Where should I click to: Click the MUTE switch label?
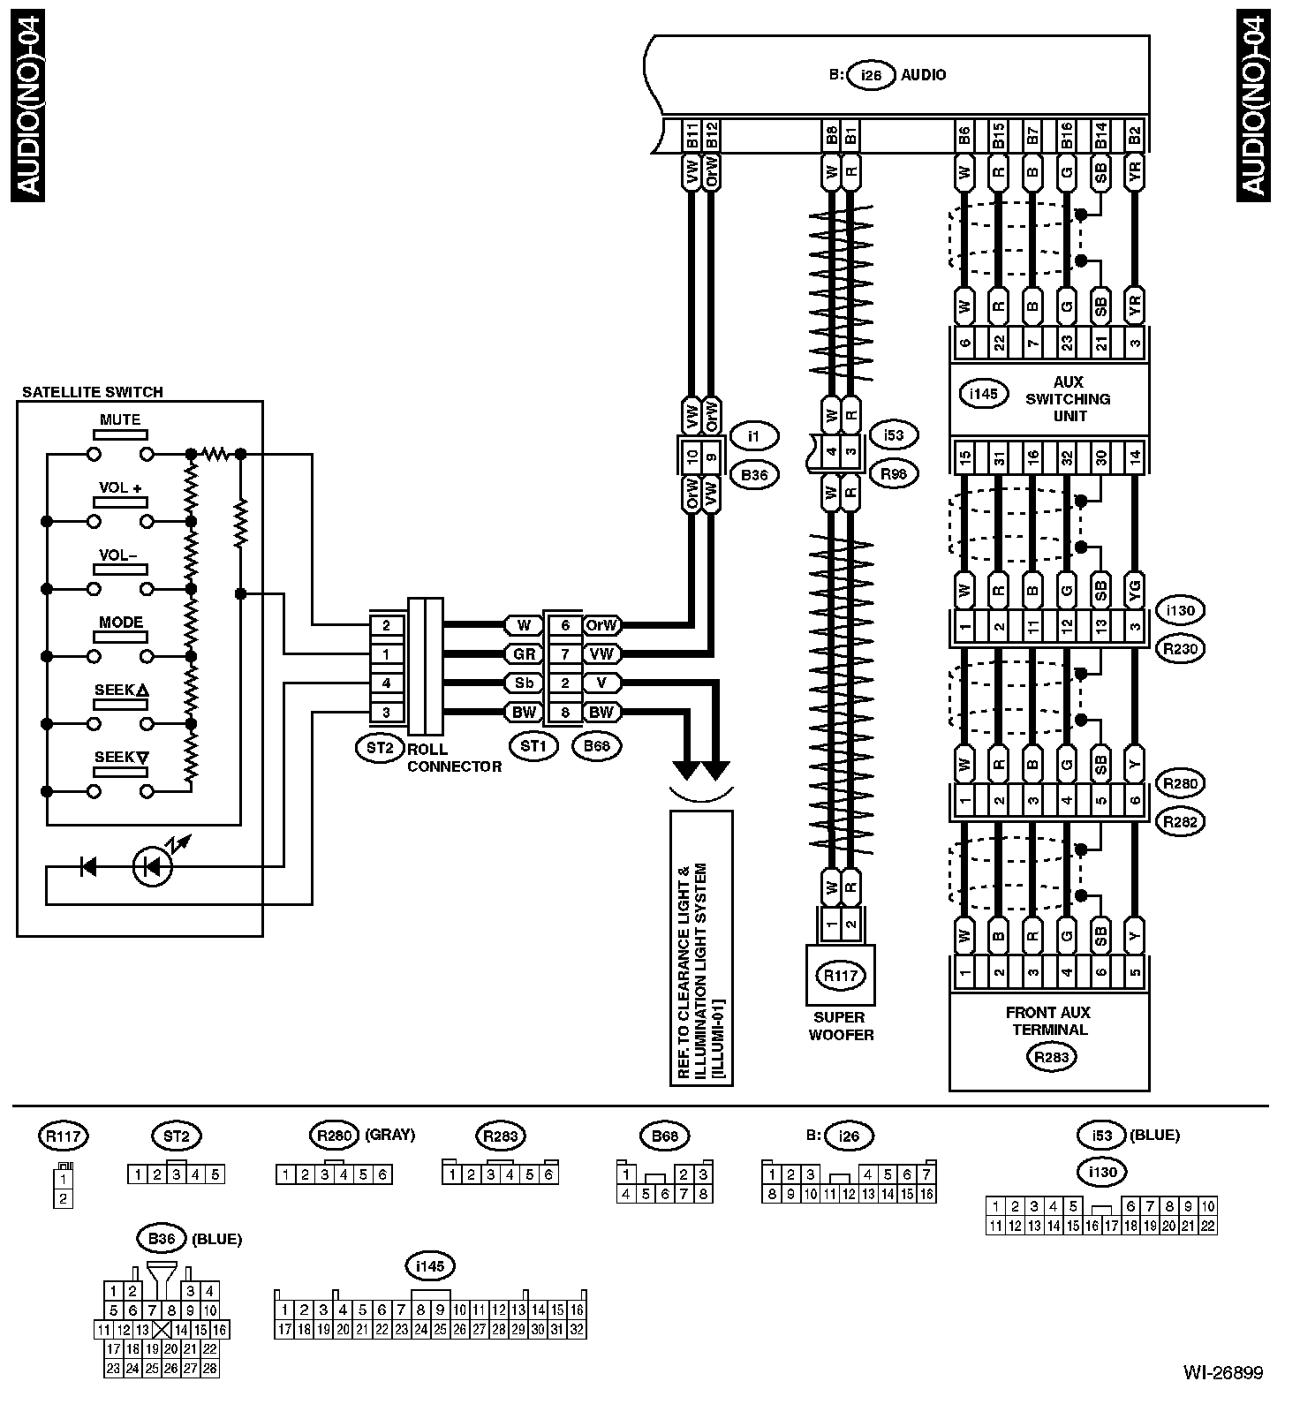click(x=120, y=420)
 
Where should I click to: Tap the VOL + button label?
click(x=120, y=487)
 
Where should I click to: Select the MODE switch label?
click(x=121, y=623)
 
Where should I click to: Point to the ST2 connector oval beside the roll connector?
click(x=379, y=747)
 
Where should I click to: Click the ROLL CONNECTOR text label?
click(x=454, y=758)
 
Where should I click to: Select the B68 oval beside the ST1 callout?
click(x=596, y=746)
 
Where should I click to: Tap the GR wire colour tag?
click(x=524, y=654)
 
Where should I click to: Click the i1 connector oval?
click(x=754, y=435)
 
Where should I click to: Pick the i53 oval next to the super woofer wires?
click(x=894, y=434)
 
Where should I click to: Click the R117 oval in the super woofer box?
click(x=841, y=976)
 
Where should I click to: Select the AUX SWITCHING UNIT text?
click(x=1069, y=399)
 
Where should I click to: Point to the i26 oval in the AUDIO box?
click(x=871, y=75)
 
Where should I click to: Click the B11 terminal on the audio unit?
click(x=692, y=136)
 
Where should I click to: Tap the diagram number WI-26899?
click(x=1223, y=1373)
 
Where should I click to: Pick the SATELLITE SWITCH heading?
click(x=93, y=392)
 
